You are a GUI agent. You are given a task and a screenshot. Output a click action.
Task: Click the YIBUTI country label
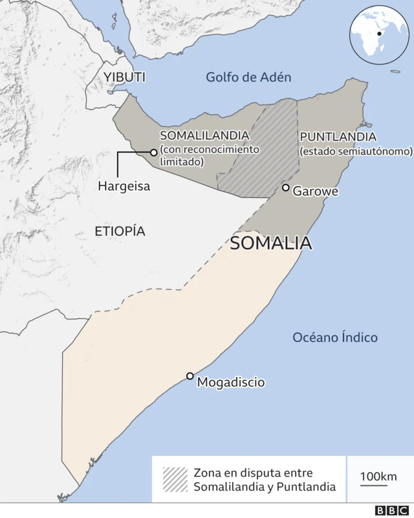(x=124, y=78)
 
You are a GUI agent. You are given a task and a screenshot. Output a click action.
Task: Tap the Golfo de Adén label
(x=248, y=77)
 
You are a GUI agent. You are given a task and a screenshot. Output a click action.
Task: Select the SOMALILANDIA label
(x=204, y=135)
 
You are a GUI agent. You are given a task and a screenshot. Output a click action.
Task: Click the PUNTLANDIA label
(x=337, y=137)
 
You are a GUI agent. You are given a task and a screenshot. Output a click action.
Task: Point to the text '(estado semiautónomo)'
(x=356, y=151)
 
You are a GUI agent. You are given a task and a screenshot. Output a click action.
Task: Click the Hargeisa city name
(x=124, y=186)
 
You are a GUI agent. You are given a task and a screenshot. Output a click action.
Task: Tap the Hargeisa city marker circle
(x=154, y=153)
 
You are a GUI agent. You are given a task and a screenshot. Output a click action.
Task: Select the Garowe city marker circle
(x=285, y=188)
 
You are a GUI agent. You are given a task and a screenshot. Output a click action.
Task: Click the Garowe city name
(x=316, y=191)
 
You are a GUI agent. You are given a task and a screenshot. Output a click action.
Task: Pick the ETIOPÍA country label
(x=120, y=231)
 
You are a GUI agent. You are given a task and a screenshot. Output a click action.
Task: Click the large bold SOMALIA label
(x=272, y=243)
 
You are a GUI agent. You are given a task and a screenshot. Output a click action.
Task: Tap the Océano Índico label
(x=335, y=337)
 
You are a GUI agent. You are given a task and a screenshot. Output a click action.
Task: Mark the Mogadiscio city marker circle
(x=190, y=376)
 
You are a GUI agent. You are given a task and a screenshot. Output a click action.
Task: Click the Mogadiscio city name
(x=231, y=382)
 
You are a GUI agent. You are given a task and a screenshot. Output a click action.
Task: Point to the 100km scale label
(x=378, y=477)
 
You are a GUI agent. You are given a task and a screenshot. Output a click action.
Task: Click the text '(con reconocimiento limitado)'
(x=210, y=155)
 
